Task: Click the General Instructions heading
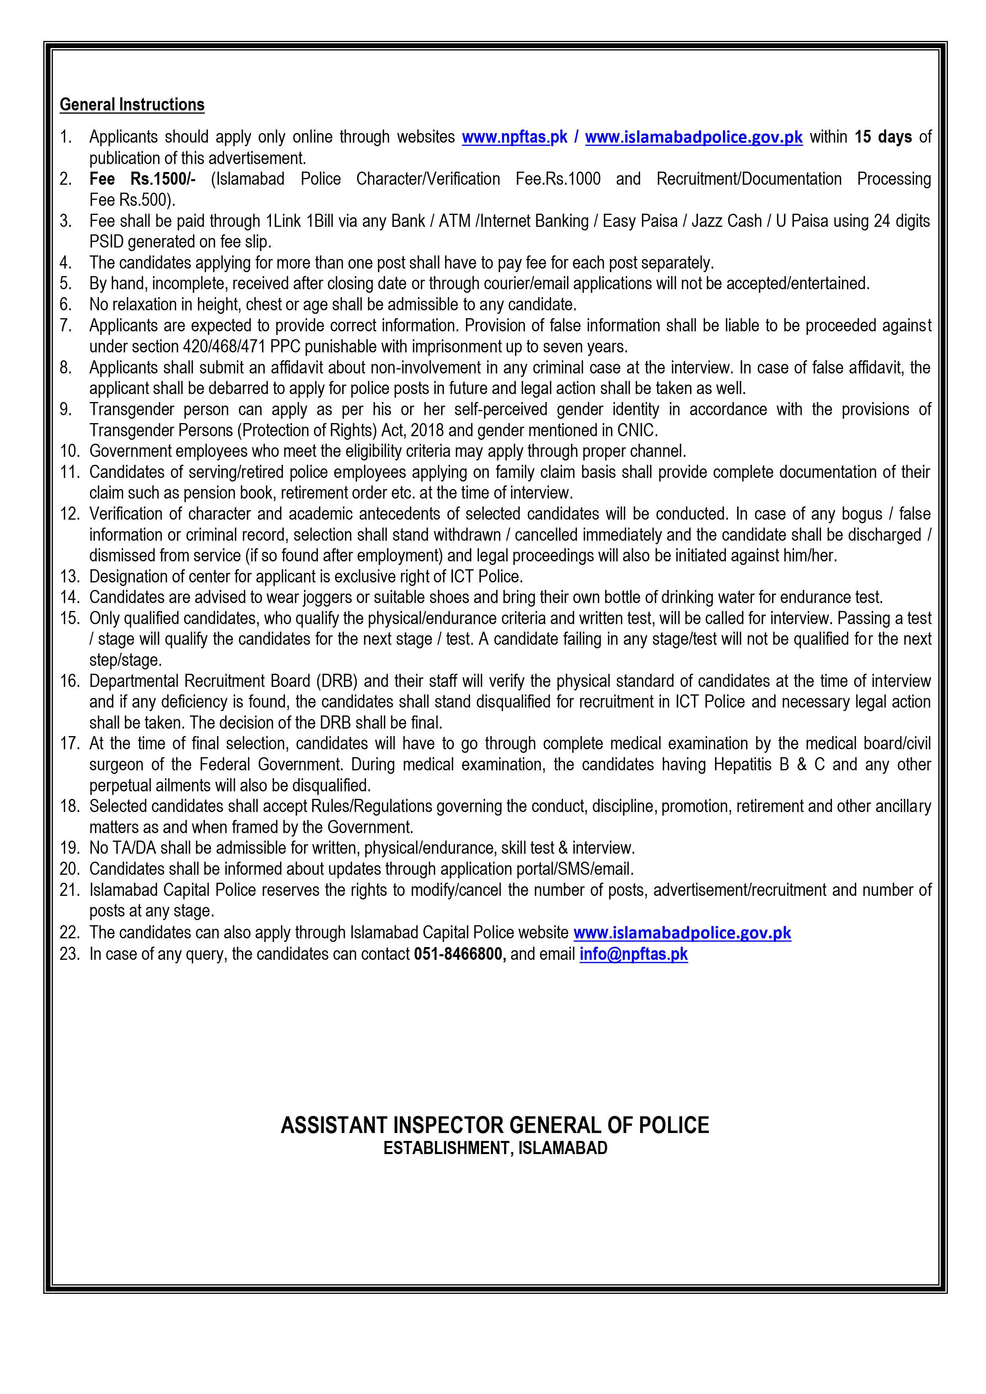point(132,104)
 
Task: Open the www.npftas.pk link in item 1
point(514,137)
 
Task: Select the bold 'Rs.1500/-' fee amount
point(163,179)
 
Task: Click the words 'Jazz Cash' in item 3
point(726,221)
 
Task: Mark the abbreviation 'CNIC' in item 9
point(636,431)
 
